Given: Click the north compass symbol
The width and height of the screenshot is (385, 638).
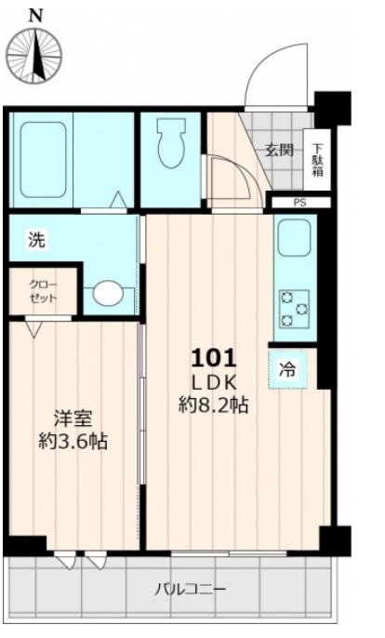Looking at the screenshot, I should [x=35, y=55].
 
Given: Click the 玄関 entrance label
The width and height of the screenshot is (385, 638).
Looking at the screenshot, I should [x=279, y=150].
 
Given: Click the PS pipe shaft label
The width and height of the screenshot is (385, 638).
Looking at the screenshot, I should [x=299, y=202].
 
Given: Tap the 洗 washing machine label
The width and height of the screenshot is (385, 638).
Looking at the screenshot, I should [x=35, y=239].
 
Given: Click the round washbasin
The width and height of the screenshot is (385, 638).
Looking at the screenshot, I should [x=108, y=294].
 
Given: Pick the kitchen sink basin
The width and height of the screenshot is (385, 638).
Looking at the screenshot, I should [x=295, y=241].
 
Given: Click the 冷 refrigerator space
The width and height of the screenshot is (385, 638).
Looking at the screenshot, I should [x=288, y=367].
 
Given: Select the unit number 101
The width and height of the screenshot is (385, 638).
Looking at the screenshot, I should [x=216, y=357].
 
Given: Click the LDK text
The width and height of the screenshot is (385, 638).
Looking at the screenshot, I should [x=216, y=382].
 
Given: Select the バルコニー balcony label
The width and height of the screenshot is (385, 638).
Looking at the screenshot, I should [x=190, y=589].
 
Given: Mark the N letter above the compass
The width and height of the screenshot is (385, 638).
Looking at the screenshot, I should [x=35, y=15].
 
